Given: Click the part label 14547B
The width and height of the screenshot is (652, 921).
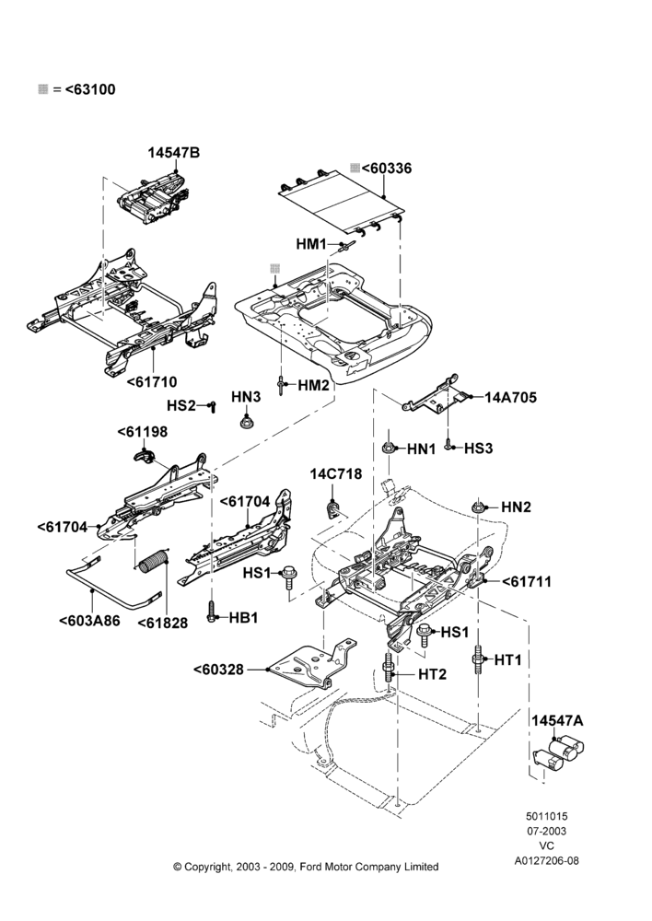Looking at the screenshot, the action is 173,153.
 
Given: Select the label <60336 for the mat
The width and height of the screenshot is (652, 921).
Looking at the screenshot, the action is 387,169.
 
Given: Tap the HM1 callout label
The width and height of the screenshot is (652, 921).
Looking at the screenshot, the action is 310,244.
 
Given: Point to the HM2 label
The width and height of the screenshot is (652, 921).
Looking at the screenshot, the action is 313,385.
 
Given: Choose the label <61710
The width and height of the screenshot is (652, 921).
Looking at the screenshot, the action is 152,382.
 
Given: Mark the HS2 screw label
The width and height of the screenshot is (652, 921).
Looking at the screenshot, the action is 180,406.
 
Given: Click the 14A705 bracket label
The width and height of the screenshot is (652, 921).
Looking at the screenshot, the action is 510,398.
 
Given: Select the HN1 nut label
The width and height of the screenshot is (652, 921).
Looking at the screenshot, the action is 421,449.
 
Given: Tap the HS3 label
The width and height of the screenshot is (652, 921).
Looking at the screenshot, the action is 478,449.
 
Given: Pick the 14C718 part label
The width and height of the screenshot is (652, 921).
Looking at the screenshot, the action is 336,474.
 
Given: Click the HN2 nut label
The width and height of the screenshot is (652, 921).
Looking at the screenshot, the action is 516,507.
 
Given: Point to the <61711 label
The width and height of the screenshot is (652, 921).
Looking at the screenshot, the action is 527,582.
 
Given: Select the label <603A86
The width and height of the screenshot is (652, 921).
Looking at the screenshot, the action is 89,621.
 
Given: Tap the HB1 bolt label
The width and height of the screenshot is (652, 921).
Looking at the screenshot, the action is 243,618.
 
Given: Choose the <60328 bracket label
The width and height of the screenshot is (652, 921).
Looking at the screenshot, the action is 218,669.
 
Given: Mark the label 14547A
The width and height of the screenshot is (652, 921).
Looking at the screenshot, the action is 557,721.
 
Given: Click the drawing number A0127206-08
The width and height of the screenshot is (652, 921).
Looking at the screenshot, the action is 547,861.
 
